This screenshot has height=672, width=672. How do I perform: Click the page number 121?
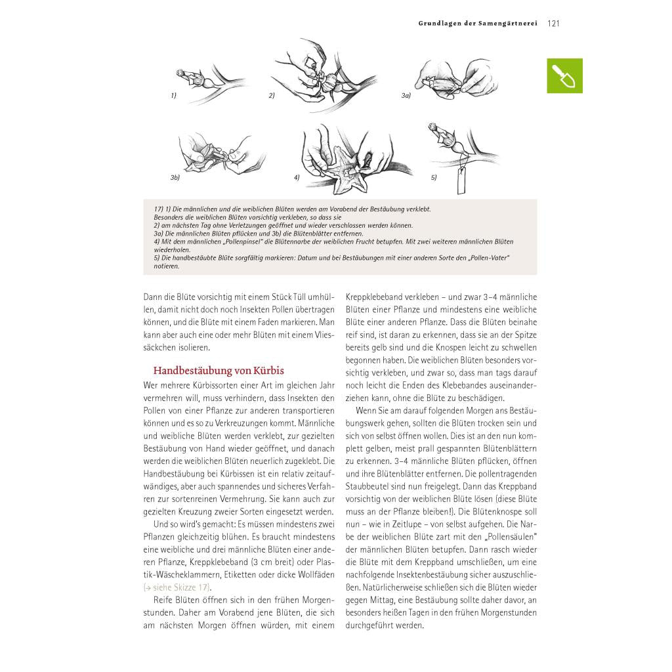point(553,24)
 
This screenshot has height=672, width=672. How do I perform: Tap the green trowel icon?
point(564,75)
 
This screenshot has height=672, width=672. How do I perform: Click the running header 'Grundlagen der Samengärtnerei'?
point(478,24)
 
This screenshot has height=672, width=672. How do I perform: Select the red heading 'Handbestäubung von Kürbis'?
point(219,371)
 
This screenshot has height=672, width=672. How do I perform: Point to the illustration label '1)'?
point(173,95)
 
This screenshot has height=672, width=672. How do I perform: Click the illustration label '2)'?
point(271,95)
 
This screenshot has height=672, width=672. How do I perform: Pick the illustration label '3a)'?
point(406,95)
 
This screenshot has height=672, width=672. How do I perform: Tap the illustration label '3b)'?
point(175,177)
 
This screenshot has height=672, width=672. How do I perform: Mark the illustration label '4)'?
point(297,177)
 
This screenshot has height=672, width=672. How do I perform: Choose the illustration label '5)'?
point(433,177)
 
